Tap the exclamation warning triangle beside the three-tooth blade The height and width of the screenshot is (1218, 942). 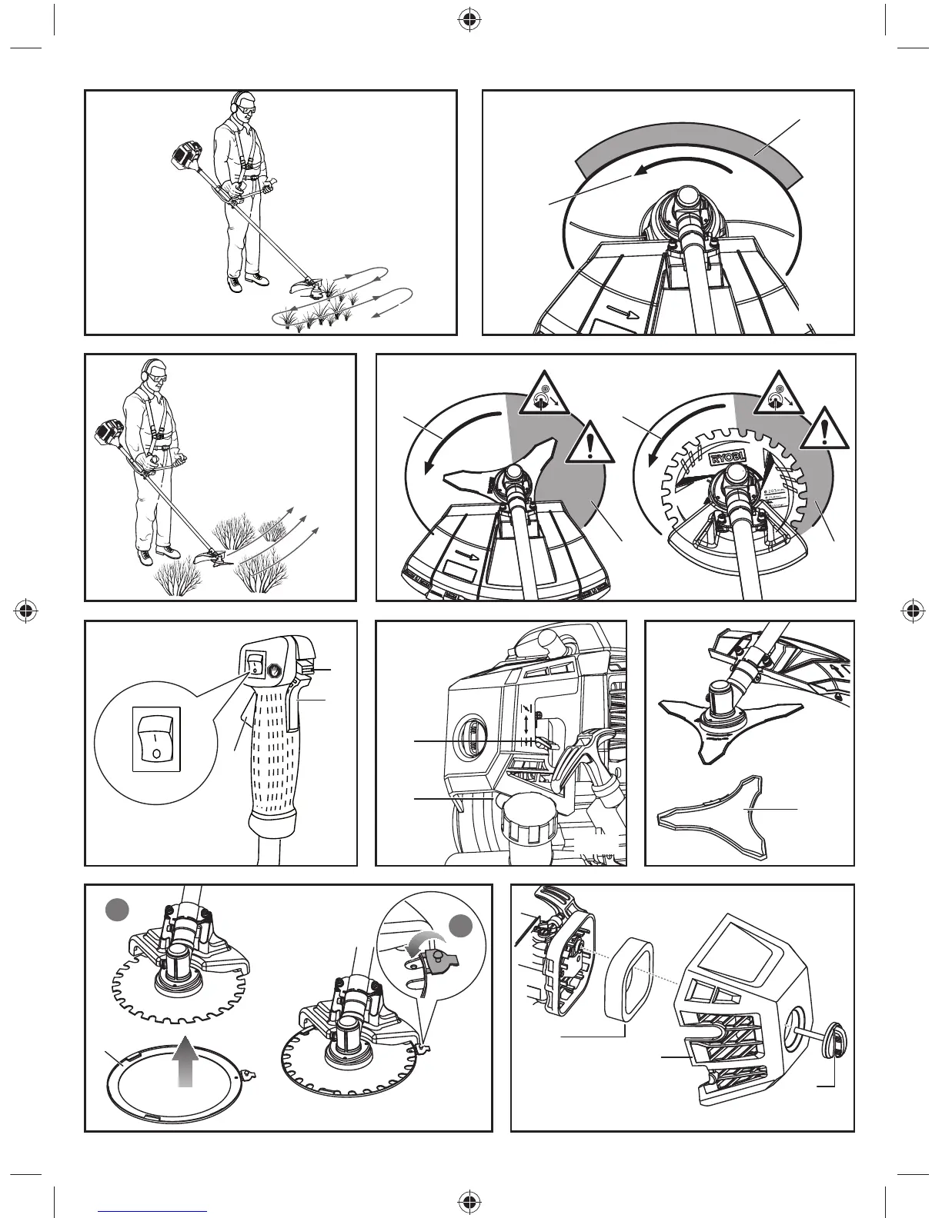pos(590,444)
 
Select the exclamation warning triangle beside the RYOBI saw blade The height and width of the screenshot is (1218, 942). pos(824,428)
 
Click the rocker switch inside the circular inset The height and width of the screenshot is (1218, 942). pos(156,737)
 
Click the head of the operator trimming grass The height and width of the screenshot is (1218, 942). pos(242,105)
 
